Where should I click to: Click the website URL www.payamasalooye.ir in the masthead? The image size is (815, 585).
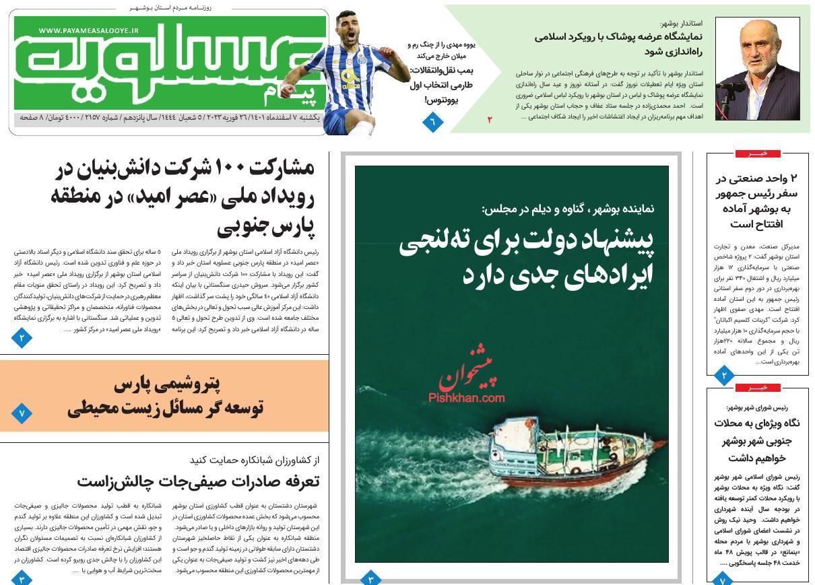[88, 30]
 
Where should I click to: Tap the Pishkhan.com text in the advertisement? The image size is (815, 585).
[466, 398]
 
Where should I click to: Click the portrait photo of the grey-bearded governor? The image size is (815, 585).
[757, 69]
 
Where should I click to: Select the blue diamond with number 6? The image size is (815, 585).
[432, 122]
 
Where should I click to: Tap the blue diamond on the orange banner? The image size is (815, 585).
[21, 413]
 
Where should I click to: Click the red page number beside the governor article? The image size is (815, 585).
[490, 120]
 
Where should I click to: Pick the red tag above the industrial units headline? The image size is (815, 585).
[757, 153]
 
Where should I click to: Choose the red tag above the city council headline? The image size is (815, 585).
[757, 388]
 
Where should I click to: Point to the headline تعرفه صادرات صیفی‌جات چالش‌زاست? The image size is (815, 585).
[198, 481]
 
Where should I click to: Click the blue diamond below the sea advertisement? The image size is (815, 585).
[370, 578]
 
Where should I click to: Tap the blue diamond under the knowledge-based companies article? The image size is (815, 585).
[22, 337]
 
